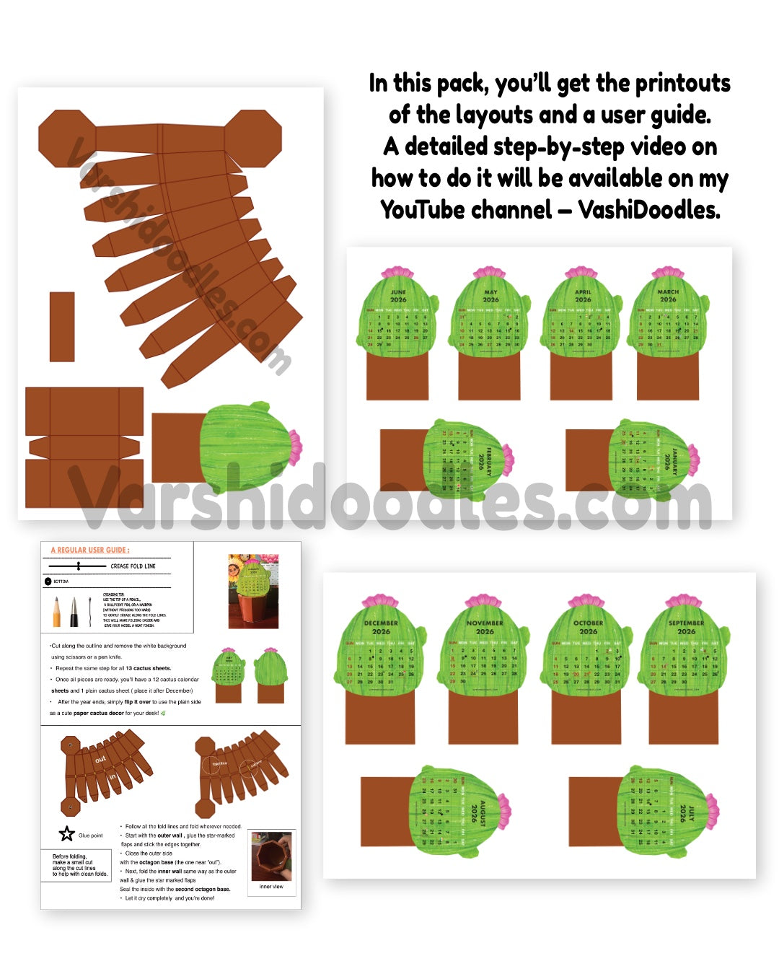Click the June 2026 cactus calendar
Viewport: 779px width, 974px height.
click(x=397, y=317)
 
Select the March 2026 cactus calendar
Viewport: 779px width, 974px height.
click(x=668, y=317)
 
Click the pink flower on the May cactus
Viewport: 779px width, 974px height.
click(x=490, y=273)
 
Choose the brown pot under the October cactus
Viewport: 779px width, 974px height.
click(x=586, y=718)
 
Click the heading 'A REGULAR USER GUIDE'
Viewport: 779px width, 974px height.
click(x=90, y=550)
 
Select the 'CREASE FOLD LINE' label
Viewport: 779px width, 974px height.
click(x=133, y=566)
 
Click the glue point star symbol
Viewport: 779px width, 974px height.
click(x=67, y=835)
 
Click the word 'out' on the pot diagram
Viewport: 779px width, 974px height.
click(x=100, y=759)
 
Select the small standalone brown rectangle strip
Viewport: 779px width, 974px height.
click(x=62, y=326)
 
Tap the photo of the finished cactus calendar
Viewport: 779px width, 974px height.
click(x=252, y=591)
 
